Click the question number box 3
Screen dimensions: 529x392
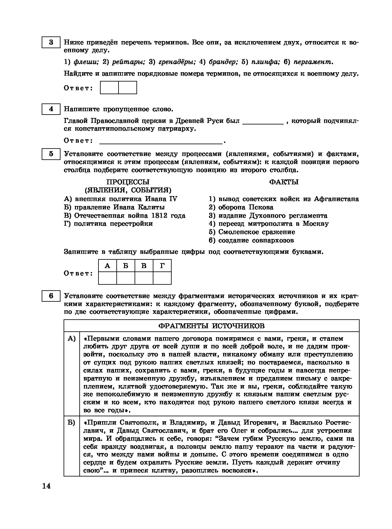(x=51, y=42)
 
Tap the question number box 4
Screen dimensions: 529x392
(x=51, y=109)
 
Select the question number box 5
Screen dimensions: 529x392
(x=51, y=153)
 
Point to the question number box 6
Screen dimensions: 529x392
(x=51, y=296)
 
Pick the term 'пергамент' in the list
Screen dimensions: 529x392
(x=313, y=62)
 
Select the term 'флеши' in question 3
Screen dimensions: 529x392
(x=86, y=62)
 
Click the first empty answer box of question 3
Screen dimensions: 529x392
(x=110, y=87)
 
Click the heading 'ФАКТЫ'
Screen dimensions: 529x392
(x=284, y=182)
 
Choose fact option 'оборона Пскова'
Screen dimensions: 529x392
(x=245, y=207)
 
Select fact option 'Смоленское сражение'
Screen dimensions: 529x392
(x=256, y=232)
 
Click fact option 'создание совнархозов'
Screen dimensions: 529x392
(x=256, y=240)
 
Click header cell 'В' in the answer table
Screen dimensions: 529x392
(x=144, y=266)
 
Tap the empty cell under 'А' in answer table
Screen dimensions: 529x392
(x=107, y=278)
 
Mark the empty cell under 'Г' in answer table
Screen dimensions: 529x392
(x=162, y=278)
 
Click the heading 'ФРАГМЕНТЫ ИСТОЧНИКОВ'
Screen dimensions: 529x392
(x=211, y=326)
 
